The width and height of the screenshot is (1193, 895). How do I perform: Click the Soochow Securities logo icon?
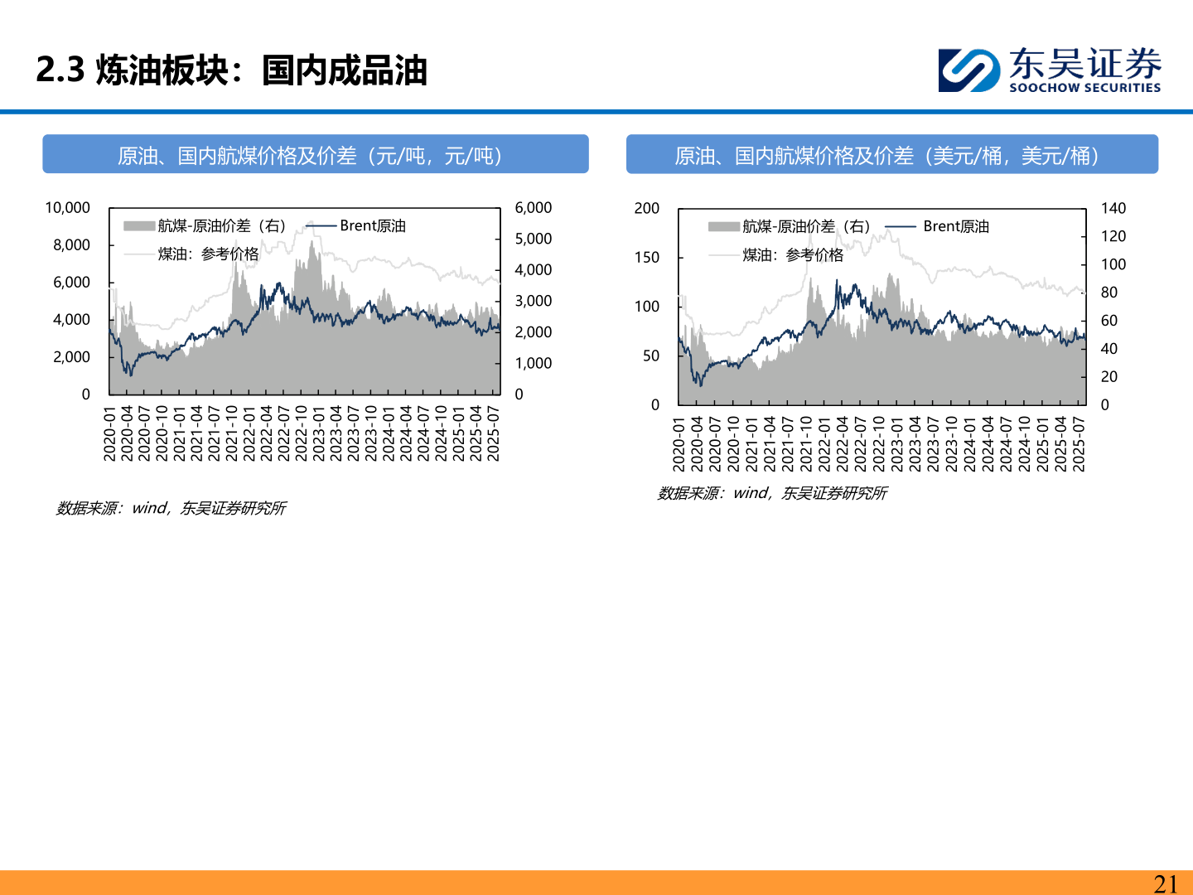tap(968, 70)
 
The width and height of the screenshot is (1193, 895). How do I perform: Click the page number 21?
tap(1166, 884)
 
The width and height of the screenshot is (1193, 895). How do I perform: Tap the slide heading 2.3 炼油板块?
tap(231, 70)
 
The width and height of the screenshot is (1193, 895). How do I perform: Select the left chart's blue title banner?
tap(315, 155)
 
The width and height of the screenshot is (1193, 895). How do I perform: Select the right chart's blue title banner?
tap(891, 155)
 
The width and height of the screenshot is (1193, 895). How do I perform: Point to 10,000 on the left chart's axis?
tap(67, 208)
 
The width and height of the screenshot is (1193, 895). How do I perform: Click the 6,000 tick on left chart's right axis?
tap(533, 208)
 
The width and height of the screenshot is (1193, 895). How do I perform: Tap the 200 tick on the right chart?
tap(647, 208)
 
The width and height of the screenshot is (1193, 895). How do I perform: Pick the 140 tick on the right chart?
tap(1113, 208)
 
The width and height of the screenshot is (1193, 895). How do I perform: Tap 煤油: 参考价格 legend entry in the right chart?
tap(792, 255)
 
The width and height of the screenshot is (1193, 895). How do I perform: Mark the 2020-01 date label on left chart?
tap(110, 433)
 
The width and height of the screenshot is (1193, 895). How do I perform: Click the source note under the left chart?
tap(171, 508)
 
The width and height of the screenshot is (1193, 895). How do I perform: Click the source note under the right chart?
tap(772, 493)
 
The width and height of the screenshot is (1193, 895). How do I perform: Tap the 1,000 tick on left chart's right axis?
tap(533, 363)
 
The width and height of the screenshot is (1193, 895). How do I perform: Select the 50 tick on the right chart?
tap(651, 356)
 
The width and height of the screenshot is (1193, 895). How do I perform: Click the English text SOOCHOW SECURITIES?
tap(1084, 88)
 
